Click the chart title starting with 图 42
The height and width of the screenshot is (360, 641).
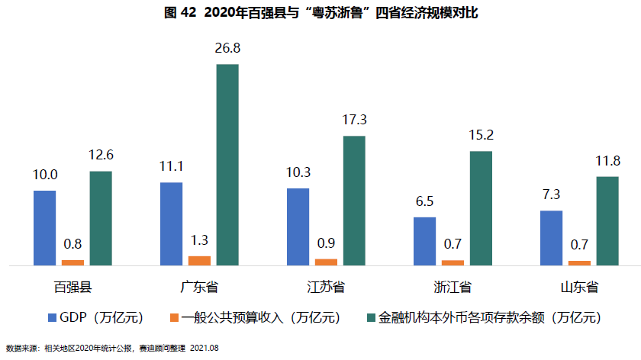point(320,13)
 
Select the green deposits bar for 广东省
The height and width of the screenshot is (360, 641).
point(227,165)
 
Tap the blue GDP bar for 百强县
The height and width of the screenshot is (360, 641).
point(45,227)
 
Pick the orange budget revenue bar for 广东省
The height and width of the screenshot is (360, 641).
point(199,261)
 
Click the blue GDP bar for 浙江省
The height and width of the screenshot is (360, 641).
point(425,241)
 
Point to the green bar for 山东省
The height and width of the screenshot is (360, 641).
point(607,220)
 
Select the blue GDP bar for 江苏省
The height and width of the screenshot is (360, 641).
point(298,227)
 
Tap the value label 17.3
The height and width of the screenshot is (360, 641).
point(354,121)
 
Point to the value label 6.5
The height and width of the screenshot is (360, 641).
point(425,201)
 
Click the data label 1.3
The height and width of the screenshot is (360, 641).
point(199,240)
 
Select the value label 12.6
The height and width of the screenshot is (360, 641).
point(101,156)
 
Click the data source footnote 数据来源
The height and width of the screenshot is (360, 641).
point(112,348)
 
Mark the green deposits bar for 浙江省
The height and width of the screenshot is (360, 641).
point(481,208)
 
